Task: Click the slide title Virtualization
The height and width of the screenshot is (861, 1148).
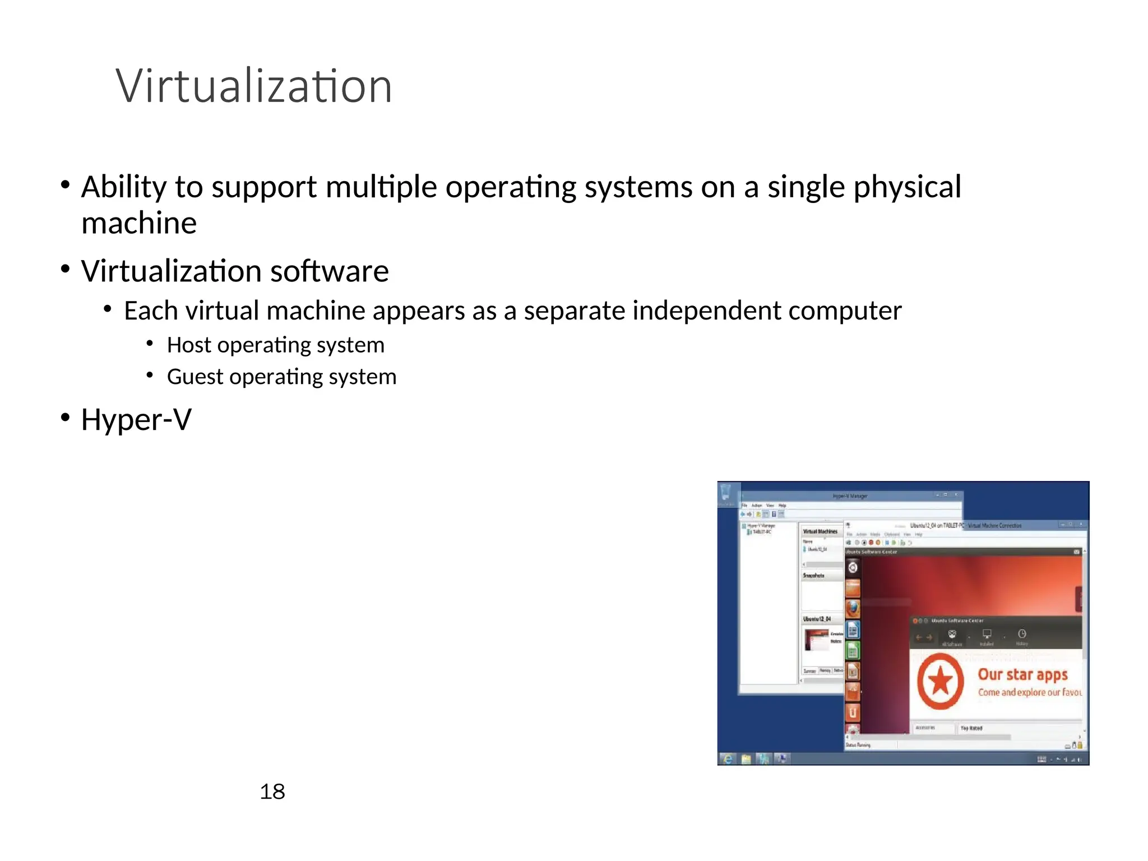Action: tap(253, 86)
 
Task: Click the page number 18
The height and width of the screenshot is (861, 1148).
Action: tap(272, 791)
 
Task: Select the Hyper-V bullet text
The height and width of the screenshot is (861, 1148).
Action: tap(136, 419)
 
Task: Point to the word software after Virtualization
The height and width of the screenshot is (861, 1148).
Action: tap(329, 271)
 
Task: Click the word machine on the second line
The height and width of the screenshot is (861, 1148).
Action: tap(139, 223)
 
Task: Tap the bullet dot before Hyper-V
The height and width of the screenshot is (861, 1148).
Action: tap(66, 418)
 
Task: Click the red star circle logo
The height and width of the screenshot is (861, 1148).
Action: tap(940, 681)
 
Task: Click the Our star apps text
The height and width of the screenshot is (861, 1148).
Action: tap(1022, 674)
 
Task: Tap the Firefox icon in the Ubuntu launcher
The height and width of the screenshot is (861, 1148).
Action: tap(853, 608)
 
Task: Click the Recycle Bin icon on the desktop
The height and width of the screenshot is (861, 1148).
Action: tap(725, 493)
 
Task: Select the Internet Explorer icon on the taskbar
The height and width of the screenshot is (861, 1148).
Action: tap(728, 759)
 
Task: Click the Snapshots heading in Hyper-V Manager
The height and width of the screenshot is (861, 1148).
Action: tap(813, 576)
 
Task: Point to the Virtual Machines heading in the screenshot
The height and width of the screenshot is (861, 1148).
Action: tap(820, 531)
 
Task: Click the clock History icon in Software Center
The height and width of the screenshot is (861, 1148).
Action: tap(1022, 634)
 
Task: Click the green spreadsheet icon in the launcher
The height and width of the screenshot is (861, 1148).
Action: tap(853, 651)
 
